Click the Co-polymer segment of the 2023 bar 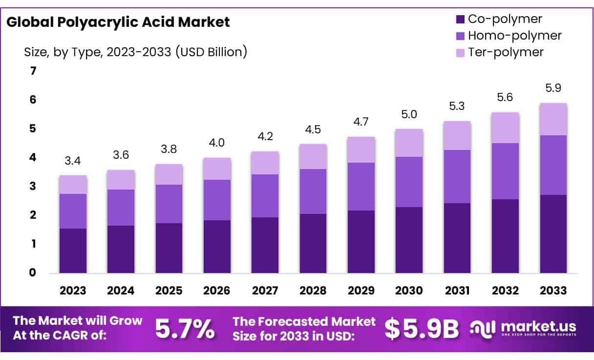73,250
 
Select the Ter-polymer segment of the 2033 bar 553,119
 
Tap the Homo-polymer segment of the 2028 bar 313,191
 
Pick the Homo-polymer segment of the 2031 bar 457,176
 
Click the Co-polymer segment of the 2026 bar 217,246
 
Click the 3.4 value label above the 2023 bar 73,161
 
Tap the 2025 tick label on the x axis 169,290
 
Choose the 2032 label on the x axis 505,290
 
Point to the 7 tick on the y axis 33,71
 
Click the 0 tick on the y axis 33,273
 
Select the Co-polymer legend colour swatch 459,20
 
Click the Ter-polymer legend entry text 506,52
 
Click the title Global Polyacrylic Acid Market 118,22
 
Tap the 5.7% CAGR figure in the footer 185,329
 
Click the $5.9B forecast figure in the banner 422,329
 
